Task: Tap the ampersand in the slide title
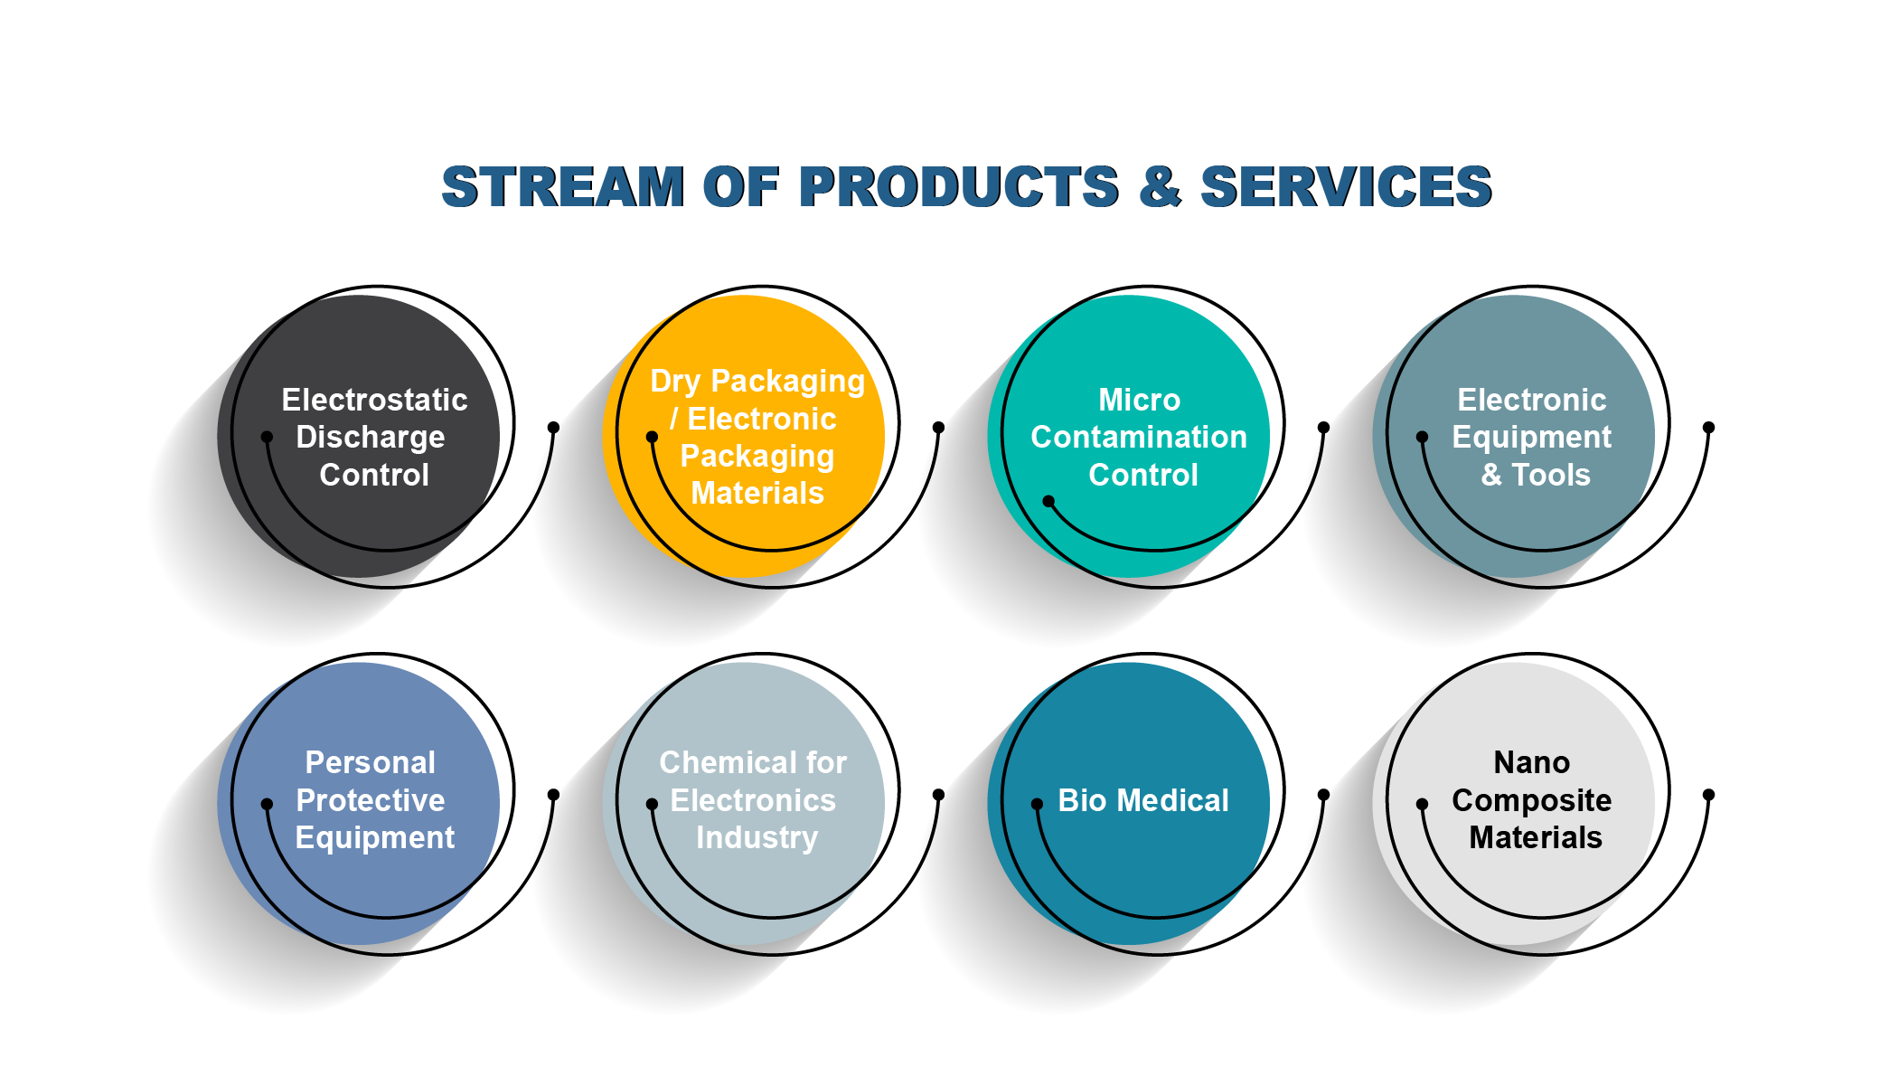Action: coord(1160,187)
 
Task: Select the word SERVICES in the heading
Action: coord(1346,187)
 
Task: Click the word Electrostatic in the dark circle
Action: coord(374,400)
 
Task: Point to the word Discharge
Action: coord(371,438)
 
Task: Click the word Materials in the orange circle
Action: coord(757,494)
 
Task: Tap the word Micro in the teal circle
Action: coord(1139,400)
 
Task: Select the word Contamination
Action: coord(1139,438)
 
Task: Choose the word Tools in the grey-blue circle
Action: coord(1551,476)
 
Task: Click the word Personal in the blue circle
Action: coord(371,763)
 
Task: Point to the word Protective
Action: coord(371,801)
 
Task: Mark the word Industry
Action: coord(757,838)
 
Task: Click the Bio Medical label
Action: coord(1143,801)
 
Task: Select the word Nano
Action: coord(1532,763)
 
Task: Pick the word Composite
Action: coord(1532,801)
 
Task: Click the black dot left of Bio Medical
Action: coord(1037,804)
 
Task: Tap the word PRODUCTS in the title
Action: coord(959,187)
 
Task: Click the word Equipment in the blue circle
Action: coord(375,838)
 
